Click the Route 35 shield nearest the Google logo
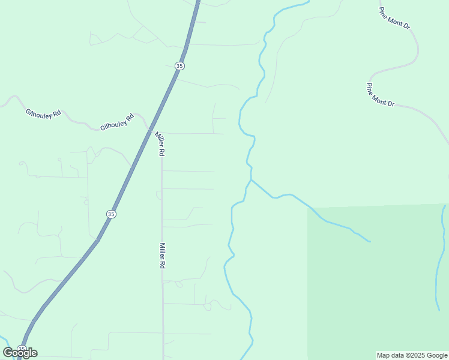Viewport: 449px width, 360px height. click(x=22, y=349)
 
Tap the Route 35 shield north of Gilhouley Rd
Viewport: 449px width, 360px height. click(x=179, y=65)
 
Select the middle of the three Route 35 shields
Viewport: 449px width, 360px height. click(x=111, y=214)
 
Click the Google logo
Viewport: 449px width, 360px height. click(x=20, y=353)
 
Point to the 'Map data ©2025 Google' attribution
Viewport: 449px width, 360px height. click(x=412, y=355)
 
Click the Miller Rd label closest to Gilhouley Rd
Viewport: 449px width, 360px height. click(x=160, y=144)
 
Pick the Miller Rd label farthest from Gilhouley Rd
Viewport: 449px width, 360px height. click(x=162, y=255)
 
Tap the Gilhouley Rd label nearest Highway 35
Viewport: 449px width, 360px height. click(x=116, y=122)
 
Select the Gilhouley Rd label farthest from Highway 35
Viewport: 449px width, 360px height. click(x=43, y=112)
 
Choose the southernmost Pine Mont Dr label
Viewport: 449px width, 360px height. click(x=381, y=95)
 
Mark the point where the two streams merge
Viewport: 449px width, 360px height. click(x=251, y=179)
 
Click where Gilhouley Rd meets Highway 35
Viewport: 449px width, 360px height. click(x=147, y=128)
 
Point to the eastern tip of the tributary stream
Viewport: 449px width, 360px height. click(x=370, y=241)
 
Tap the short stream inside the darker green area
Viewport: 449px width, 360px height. click(x=441, y=258)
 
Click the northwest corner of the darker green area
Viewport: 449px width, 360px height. click(x=309, y=209)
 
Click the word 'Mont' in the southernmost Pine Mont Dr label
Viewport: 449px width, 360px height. click(x=381, y=95)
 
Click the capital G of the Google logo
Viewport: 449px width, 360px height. click(x=8, y=353)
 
